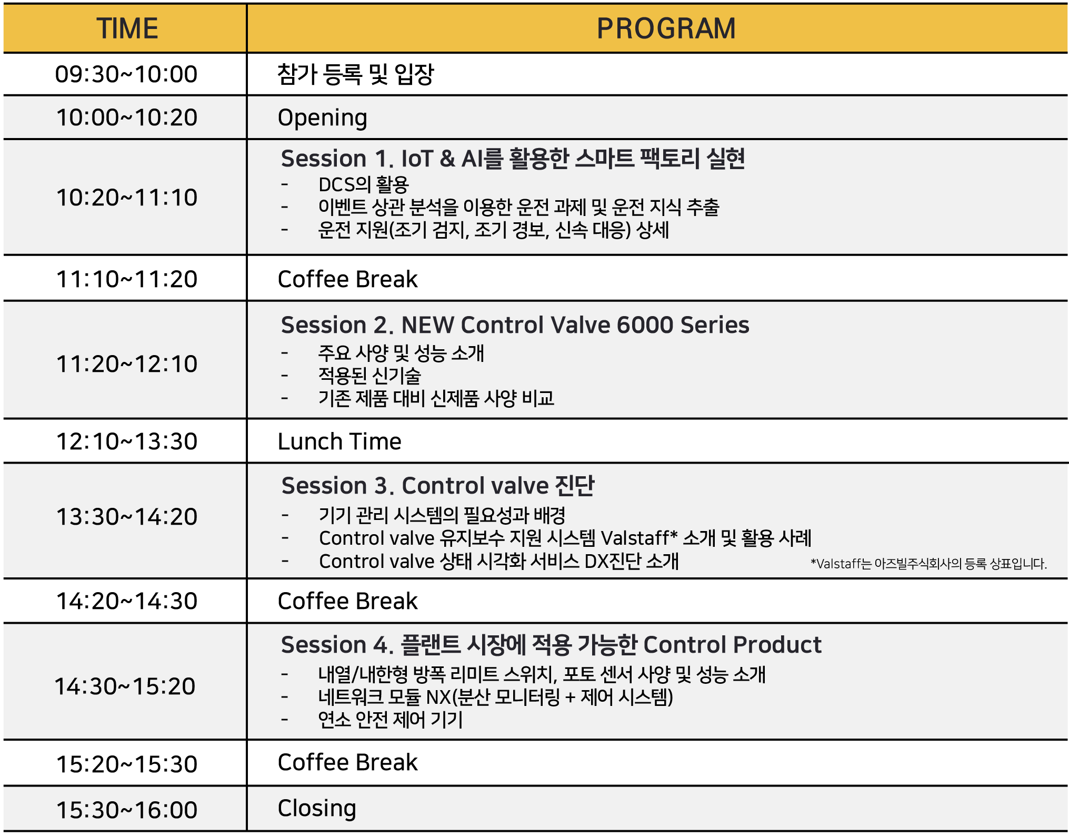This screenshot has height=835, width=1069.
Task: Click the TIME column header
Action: tap(127, 28)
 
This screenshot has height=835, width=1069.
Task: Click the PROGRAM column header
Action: tap(666, 28)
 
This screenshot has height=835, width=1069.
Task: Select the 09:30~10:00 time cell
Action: tap(126, 74)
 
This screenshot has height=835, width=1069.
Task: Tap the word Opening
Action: tap(322, 118)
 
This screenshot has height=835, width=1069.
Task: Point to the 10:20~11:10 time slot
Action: tap(127, 198)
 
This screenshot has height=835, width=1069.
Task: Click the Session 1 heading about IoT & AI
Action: tap(513, 158)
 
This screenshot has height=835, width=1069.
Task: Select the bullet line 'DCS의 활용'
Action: tap(364, 185)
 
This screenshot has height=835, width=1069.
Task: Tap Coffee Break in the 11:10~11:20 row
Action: tap(347, 279)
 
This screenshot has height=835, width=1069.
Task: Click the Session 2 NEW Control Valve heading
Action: tap(515, 325)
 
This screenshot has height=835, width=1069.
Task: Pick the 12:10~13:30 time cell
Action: tap(127, 441)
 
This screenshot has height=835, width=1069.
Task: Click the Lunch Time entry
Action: tap(339, 441)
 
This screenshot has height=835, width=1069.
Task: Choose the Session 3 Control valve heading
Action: tap(438, 486)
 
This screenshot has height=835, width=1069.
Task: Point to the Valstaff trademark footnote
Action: tap(928, 564)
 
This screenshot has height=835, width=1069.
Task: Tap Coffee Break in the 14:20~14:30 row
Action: tap(347, 601)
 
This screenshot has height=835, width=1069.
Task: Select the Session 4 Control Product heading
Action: tap(551, 645)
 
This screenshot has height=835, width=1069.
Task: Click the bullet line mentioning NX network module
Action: tap(496, 697)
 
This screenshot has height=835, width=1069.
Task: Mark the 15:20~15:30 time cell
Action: tap(127, 764)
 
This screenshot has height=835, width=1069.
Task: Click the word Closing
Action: tap(317, 809)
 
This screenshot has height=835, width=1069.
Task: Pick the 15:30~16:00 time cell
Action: tap(127, 810)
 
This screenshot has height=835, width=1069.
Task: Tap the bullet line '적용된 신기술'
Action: tap(369, 376)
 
